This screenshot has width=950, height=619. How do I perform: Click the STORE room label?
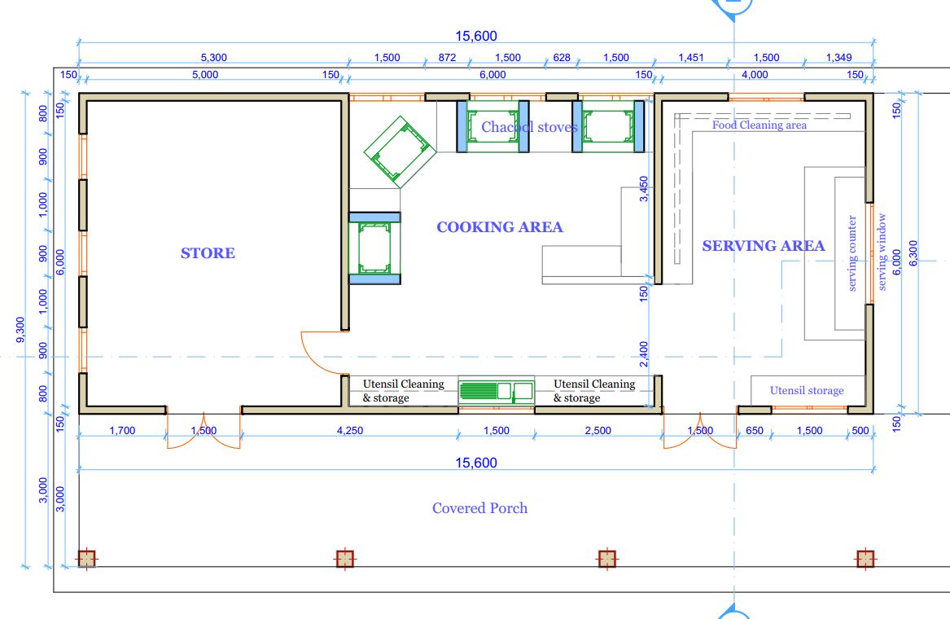(208, 252)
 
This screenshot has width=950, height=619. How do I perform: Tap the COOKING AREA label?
(500, 226)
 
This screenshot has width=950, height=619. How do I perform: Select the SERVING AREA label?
(764, 245)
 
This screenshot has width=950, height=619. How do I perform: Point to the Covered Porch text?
(479, 508)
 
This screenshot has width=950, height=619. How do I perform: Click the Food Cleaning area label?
(760, 125)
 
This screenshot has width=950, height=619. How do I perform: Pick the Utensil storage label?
(807, 390)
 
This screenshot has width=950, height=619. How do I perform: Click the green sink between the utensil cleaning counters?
(497, 392)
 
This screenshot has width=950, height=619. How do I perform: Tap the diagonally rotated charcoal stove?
(400, 151)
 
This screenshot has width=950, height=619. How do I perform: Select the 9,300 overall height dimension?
(20, 330)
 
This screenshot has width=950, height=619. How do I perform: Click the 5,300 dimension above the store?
(214, 58)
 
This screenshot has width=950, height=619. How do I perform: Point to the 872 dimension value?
(447, 58)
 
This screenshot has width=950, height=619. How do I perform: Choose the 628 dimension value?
(562, 58)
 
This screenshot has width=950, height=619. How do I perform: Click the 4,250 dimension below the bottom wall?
(350, 431)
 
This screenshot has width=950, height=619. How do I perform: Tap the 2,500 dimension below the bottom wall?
(598, 431)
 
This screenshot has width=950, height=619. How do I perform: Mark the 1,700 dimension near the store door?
(122, 431)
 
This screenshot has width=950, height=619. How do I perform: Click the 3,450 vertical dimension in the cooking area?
(643, 189)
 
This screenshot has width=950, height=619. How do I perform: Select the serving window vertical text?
(882, 252)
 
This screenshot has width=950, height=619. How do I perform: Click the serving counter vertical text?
(852, 253)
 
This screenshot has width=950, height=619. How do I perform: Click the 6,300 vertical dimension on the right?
(913, 252)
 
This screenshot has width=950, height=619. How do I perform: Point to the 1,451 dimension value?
(690, 58)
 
